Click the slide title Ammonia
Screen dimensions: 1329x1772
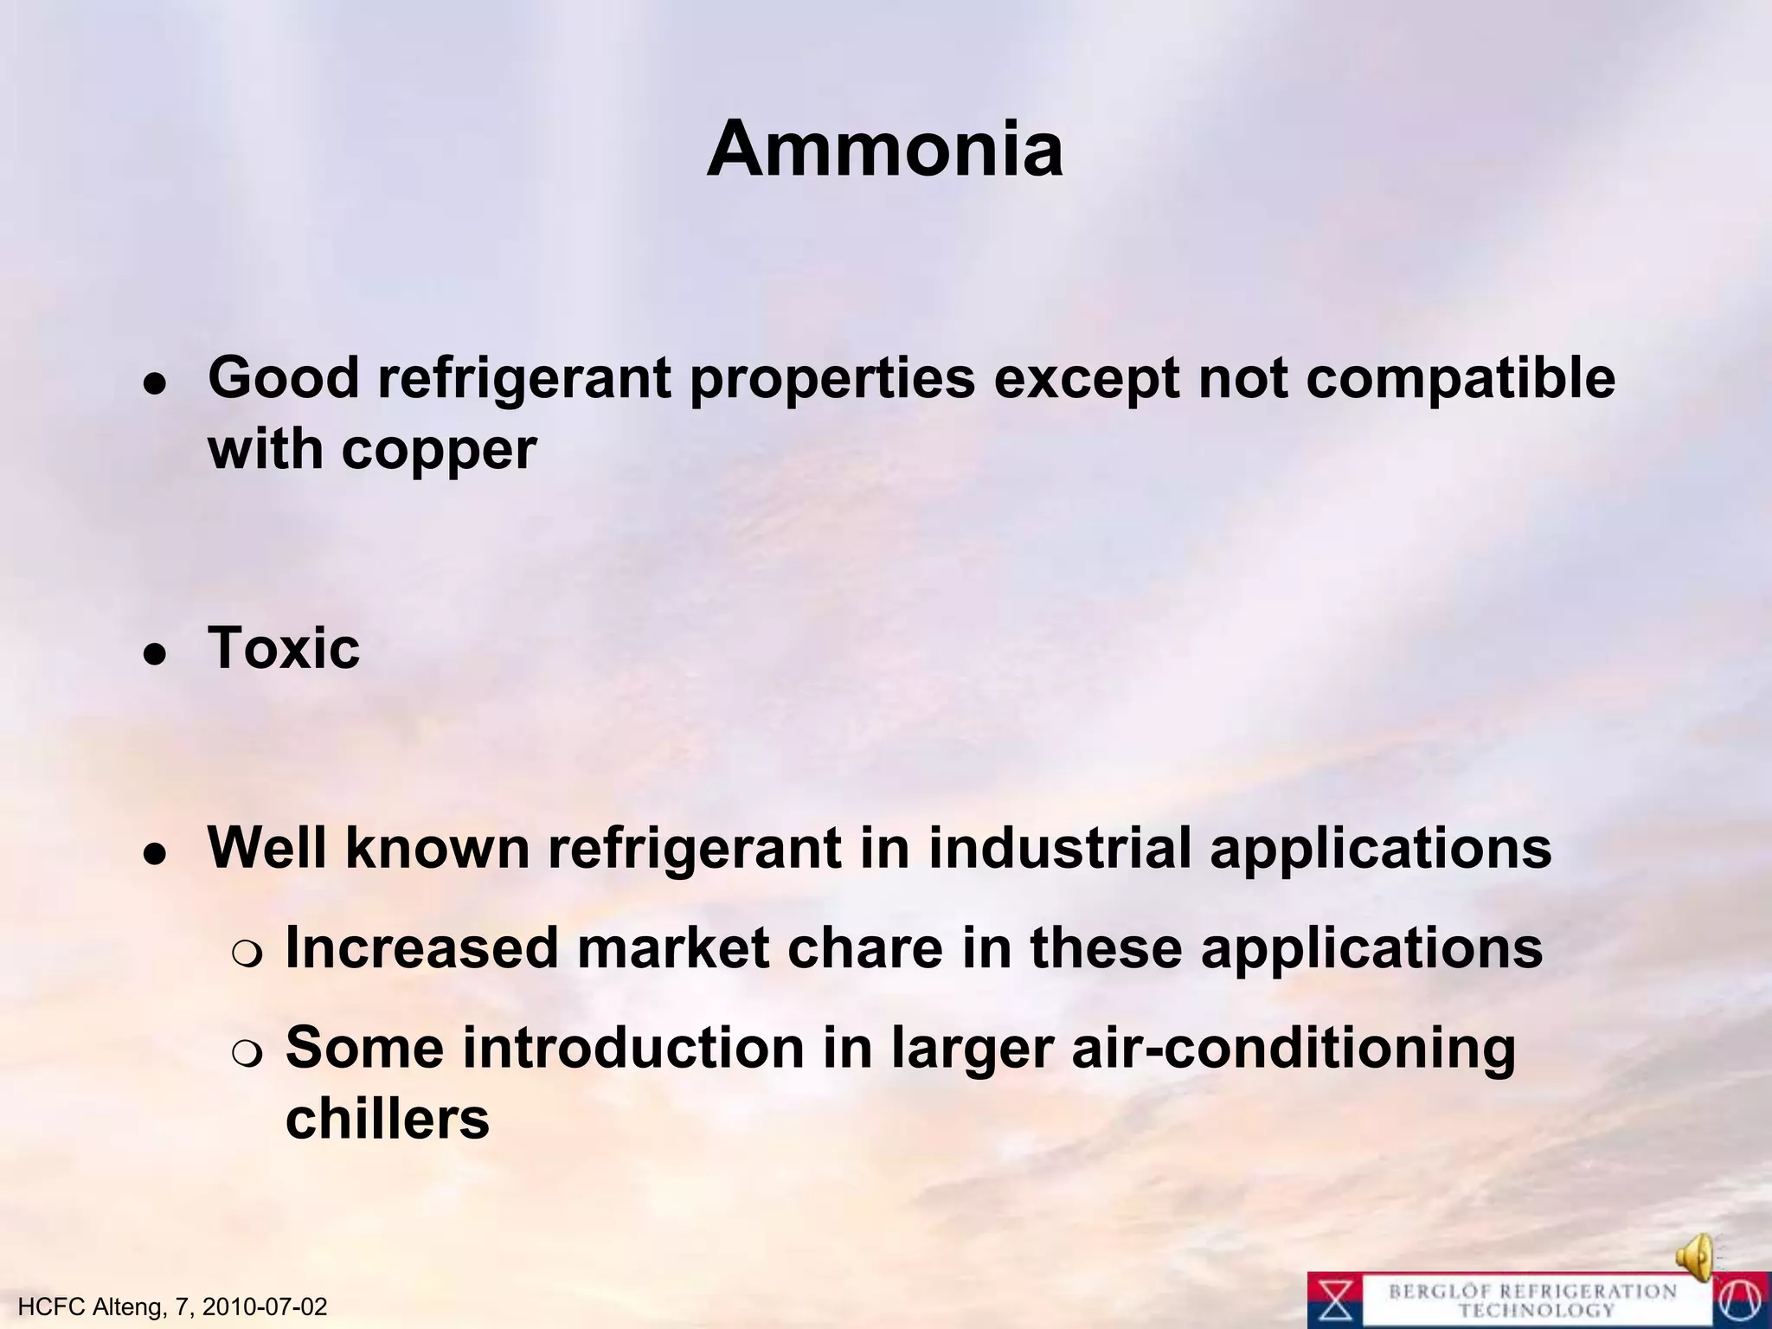(884, 149)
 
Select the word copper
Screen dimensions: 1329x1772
(439, 450)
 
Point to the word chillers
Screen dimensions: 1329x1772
(387, 1118)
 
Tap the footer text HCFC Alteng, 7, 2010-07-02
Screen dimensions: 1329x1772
(172, 1307)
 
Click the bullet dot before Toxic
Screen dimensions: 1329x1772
(155, 655)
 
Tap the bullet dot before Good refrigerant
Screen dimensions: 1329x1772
(155, 385)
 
